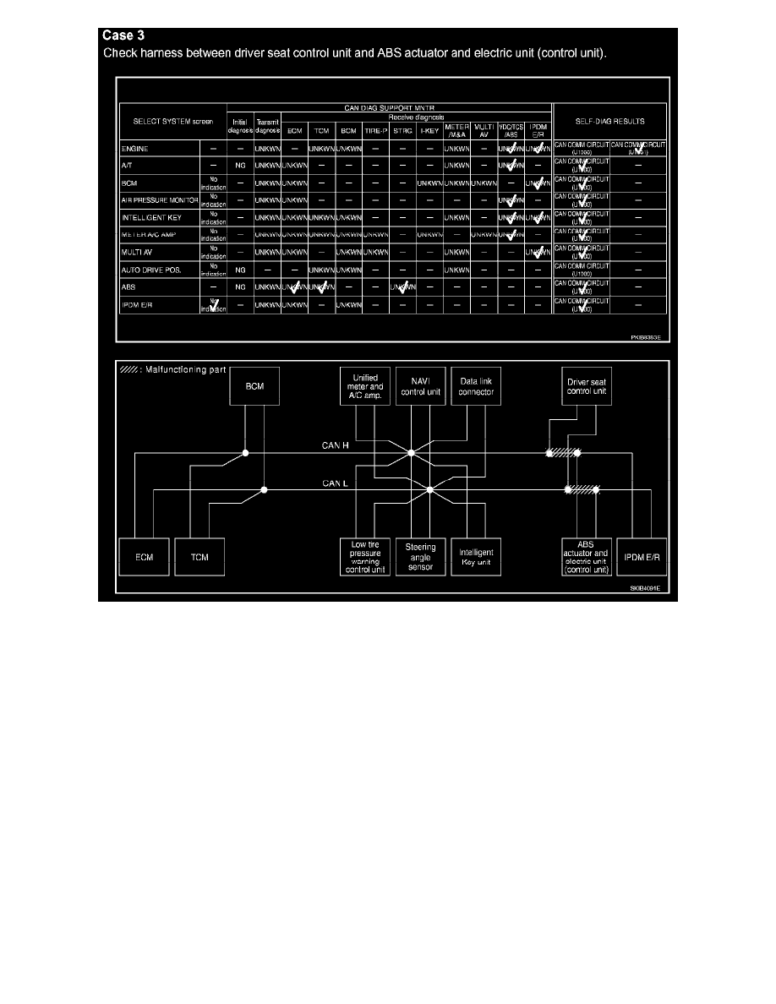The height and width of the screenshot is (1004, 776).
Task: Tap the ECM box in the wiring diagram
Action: click(144, 557)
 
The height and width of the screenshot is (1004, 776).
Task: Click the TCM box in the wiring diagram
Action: click(199, 557)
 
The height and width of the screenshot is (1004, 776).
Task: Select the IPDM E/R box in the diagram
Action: click(642, 557)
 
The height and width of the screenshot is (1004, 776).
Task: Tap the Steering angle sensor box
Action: click(420, 557)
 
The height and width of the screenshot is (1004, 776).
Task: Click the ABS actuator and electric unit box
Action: click(586, 557)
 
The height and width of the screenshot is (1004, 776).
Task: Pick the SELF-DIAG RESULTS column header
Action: click(609, 121)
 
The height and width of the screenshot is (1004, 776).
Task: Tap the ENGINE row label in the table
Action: click(135, 149)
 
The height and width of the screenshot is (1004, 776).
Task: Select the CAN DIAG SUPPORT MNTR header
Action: click(389, 107)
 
